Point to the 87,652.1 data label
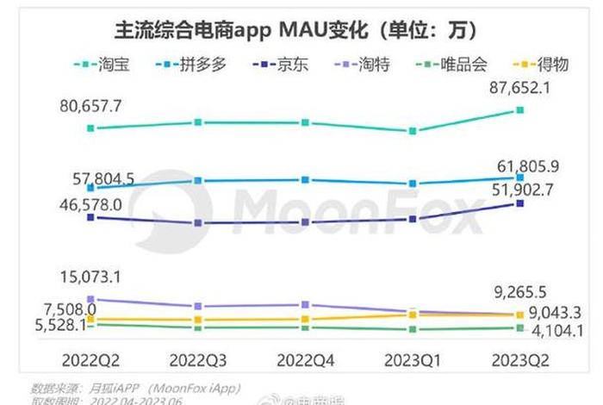[x=520, y=90]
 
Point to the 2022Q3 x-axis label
[x=199, y=358]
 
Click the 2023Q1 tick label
[x=413, y=358]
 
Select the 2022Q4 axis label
[x=306, y=358]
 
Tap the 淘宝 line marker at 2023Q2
[x=519, y=109]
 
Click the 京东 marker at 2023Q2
[x=519, y=203]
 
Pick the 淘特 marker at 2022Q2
[x=91, y=300]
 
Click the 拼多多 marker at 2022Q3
[x=198, y=180]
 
